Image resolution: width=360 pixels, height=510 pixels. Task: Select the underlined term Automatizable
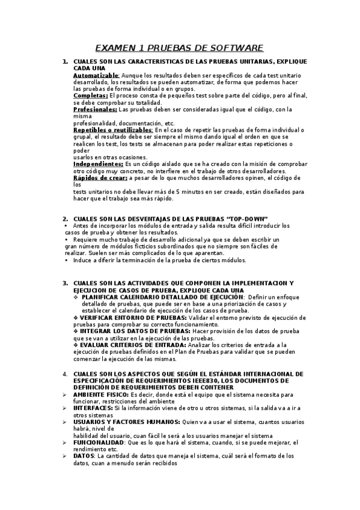96,75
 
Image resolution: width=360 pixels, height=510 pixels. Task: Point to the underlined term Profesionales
95,109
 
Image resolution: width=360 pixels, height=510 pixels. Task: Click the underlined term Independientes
98,164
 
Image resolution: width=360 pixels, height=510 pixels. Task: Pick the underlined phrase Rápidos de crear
101,178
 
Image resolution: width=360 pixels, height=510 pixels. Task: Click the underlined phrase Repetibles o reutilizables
113,130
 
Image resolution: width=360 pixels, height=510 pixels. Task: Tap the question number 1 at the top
64,62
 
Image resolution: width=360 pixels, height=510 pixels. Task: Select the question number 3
64,283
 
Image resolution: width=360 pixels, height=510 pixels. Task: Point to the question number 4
64,374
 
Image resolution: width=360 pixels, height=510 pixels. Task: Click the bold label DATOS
84,456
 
